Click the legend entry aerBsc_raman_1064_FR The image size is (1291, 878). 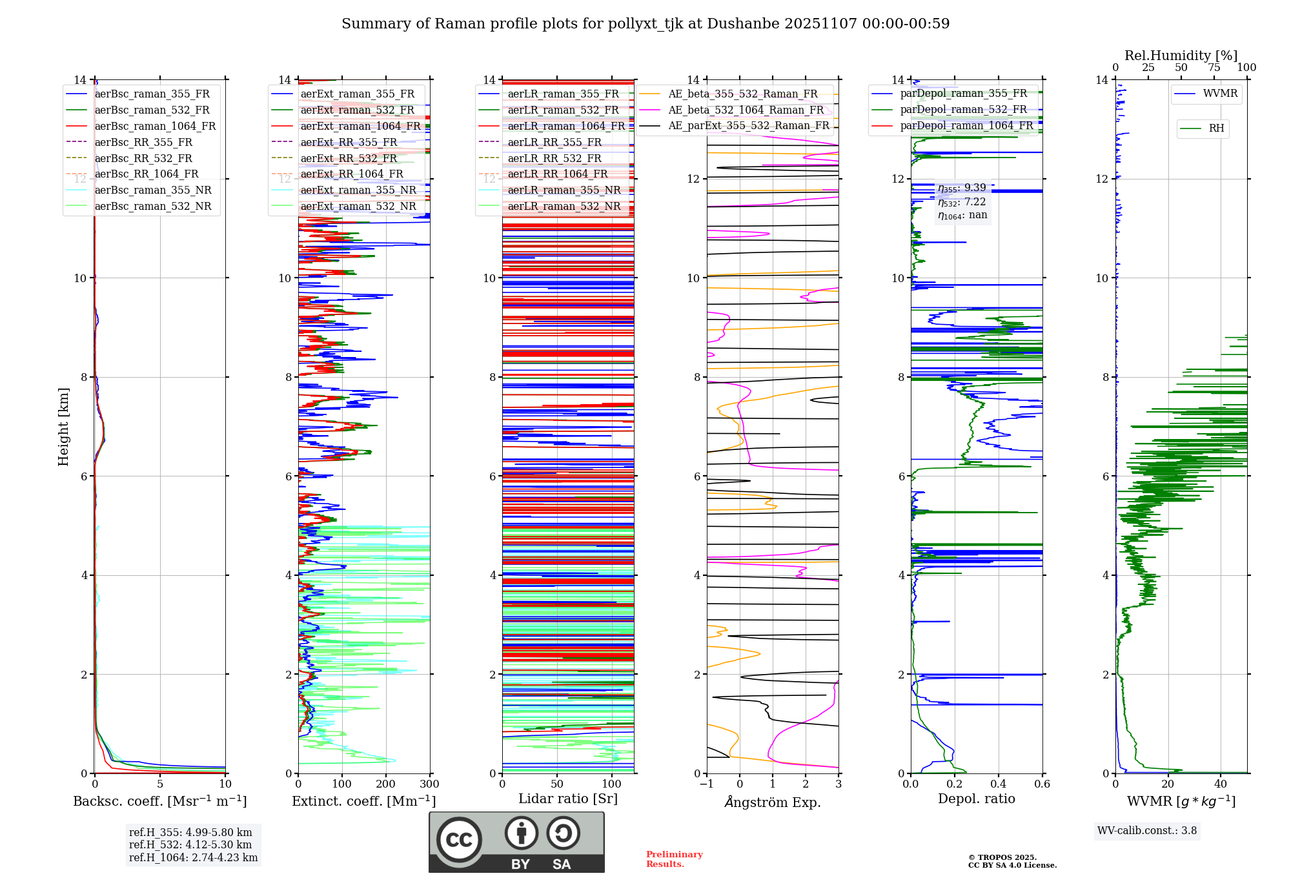point(155,126)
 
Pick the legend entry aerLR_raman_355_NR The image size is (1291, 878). point(564,190)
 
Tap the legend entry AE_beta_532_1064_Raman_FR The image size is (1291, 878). point(746,110)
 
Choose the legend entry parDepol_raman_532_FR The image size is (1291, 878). point(963,109)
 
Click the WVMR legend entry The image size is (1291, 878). point(1220,94)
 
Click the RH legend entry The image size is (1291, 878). point(1216,128)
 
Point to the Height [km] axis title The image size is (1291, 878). point(63,426)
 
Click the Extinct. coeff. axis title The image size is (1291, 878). point(363,801)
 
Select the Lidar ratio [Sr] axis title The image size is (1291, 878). point(567,799)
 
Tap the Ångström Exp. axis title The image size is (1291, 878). point(772,802)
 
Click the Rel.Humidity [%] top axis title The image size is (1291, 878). point(1181,56)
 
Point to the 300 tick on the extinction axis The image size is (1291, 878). point(429,784)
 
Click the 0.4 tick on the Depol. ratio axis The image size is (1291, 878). point(998,784)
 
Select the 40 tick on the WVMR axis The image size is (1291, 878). point(1220,784)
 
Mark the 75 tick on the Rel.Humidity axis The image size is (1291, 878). point(1214,68)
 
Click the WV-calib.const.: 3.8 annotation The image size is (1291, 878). point(1146,831)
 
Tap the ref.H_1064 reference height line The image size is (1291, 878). point(193,857)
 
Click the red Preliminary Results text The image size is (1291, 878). point(674,859)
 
